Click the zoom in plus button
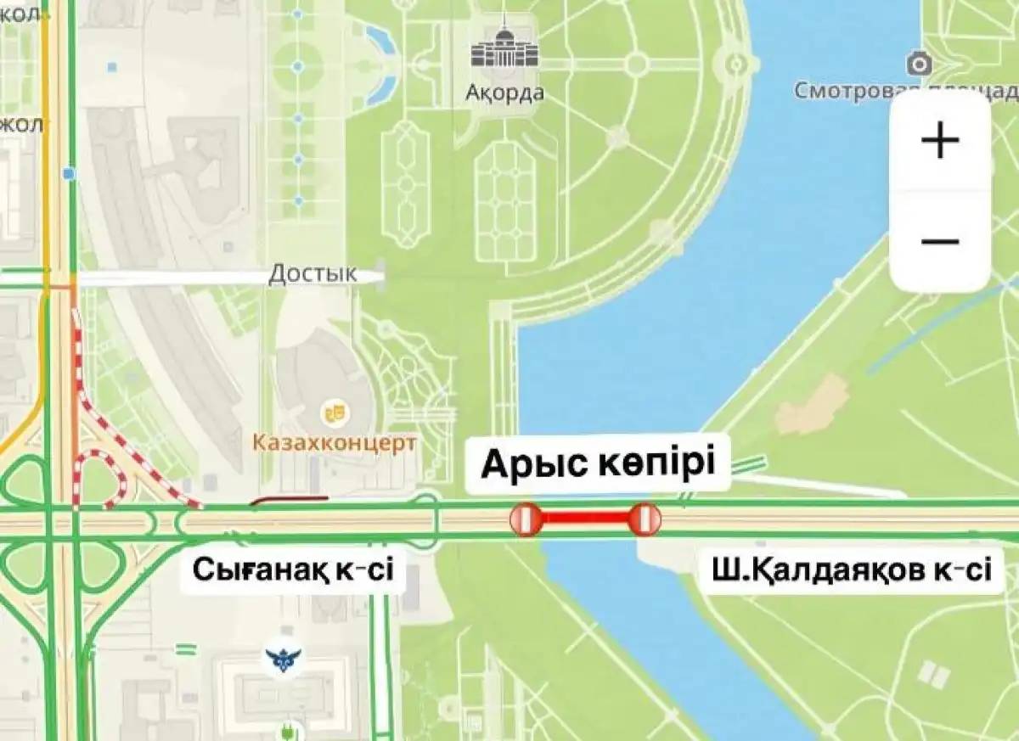[939, 139]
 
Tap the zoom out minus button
[939, 242]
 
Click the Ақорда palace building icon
[504, 50]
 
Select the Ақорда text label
[504, 93]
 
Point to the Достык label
[312, 274]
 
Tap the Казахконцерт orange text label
[335, 442]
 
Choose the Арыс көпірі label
[599, 464]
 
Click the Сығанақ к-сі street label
[293, 569]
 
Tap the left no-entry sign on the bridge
[525, 519]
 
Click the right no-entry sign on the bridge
[645, 519]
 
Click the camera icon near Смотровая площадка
[918, 64]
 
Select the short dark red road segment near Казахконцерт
[289, 500]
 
